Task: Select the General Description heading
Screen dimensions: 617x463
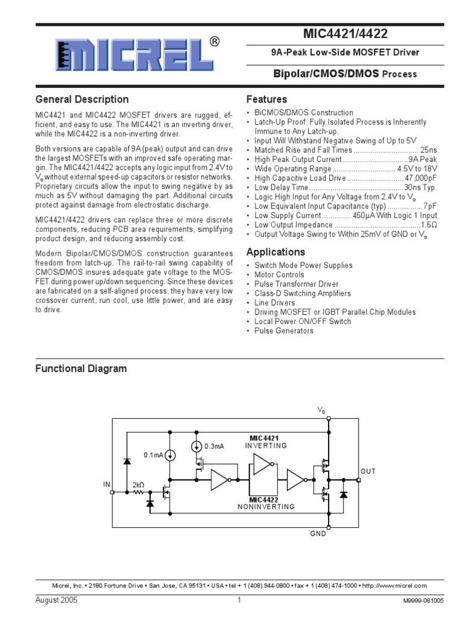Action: [x=82, y=99]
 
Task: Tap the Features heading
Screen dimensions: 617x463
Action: [x=266, y=99]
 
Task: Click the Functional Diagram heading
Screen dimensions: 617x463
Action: [x=81, y=368]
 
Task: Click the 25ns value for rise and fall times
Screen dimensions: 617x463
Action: [x=428, y=150]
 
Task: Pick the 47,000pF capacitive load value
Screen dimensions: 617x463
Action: [x=420, y=178]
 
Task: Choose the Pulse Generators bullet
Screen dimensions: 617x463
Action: [x=283, y=331]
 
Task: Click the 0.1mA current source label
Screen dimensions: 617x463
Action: [x=154, y=456]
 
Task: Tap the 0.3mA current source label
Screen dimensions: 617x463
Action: [x=214, y=446]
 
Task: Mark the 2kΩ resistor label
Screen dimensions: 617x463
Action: [x=138, y=484]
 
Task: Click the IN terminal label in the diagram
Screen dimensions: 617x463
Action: [x=107, y=484]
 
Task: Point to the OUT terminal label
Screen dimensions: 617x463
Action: [x=368, y=471]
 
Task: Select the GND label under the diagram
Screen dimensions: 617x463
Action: [x=318, y=533]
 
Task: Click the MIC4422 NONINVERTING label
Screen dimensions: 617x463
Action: [x=266, y=503]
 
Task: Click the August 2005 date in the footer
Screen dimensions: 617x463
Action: [x=57, y=600]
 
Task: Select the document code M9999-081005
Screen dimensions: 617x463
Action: [x=423, y=601]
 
